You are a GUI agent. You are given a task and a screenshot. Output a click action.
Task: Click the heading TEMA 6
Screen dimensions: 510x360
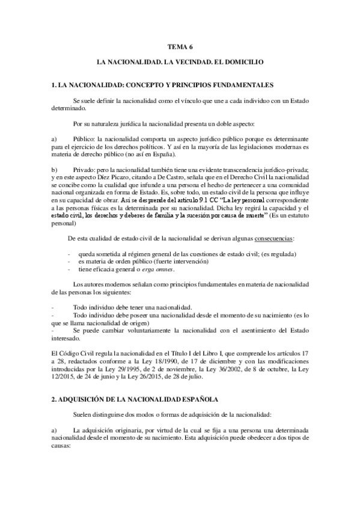tap(180, 46)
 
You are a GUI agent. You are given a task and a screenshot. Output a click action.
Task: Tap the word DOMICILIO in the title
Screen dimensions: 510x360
tap(263, 61)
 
